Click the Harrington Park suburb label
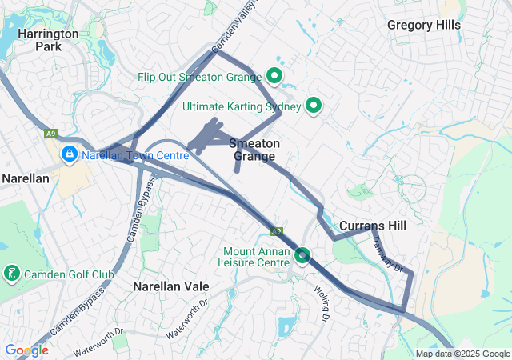(48, 40)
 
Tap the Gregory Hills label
(424, 25)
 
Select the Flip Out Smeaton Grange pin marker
(274, 77)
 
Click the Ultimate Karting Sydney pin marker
(314, 106)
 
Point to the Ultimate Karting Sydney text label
(241, 106)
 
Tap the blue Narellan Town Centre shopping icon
(70, 154)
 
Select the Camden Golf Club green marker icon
(11, 274)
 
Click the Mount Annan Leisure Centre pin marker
(302, 256)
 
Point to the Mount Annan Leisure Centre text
(256, 256)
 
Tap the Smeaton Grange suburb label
(254, 150)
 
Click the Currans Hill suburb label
(372, 226)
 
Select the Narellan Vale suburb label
(170, 286)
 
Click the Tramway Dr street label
(388, 256)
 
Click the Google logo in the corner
(26, 350)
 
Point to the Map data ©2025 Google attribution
(462, 354)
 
